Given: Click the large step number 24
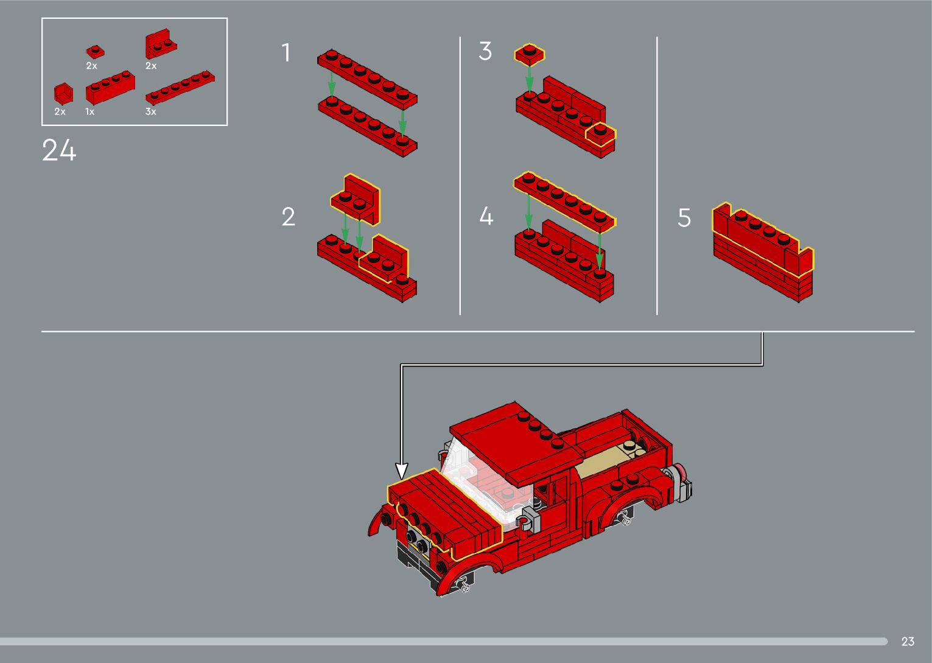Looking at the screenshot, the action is (x=59, y=150).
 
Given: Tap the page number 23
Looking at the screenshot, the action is (x=908, y=641).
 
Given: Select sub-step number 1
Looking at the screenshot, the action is (x=286, y=53).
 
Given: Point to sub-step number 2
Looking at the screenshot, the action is (x=289, y=217).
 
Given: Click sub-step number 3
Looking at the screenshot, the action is (x=485, y=51).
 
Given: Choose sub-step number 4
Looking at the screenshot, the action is (x=486, y=216).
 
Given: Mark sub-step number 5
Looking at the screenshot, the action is (x=684, y=218).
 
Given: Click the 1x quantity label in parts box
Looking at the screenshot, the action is (x=90, y=111).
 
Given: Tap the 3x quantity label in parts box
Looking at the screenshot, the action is (x=150, y=111).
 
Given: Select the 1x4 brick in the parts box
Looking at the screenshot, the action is (x=110, y=88).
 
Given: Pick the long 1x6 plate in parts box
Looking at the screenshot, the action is (x=180, y=88).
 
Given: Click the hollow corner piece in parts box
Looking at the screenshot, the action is (x=63, y=94).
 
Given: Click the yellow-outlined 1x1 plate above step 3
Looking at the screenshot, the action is (x=529, y=55).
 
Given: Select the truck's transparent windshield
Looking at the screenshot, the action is (x=478, y=483).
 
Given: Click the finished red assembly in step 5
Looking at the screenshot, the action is (x=763, y=252).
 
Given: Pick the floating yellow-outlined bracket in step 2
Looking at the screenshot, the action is (x=356, y=199).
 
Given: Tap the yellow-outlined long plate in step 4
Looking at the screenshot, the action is (x=564, y=201).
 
